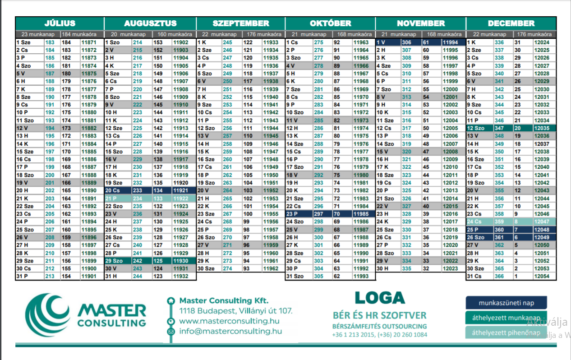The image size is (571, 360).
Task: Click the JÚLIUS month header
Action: tap(60, 23)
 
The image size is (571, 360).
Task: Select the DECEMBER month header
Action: tap(511, 23)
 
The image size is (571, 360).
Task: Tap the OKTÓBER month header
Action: tap(330, 23)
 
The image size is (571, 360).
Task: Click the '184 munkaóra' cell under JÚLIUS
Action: tap(79, 34)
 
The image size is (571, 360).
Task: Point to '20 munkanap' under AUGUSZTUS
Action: tap(128, 34)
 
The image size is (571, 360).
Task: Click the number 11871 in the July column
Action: tap(89, 42)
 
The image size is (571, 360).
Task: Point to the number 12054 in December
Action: tap(542, 276)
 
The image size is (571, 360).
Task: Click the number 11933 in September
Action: tap(271, 42)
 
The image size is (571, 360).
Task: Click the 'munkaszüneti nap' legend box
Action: tap(506, 303)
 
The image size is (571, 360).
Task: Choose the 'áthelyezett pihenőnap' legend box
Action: tap(506, 332)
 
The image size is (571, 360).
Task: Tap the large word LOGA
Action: tap(380, 298)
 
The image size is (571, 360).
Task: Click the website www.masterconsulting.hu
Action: tap(229, 321)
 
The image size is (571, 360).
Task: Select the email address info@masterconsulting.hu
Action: tap(230, 331)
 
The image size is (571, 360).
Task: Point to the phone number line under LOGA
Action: tap(380, 334)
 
